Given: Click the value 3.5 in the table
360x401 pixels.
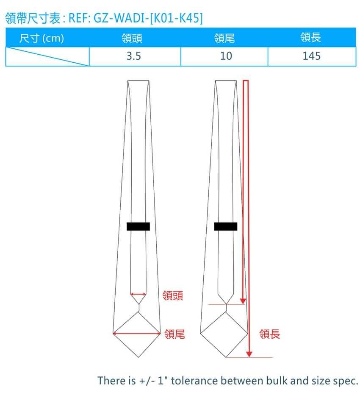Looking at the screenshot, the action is pos(134,56).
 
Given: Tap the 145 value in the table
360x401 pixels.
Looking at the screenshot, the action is pos(311,56).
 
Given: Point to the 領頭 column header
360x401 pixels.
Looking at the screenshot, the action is pos(132,38).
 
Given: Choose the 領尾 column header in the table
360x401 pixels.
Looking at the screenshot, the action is pos(224,38).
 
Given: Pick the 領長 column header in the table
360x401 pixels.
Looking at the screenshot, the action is pos(311,37).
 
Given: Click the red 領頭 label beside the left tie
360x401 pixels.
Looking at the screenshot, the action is pos(173,295).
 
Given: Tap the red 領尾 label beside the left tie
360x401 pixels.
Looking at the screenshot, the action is pos(174,334).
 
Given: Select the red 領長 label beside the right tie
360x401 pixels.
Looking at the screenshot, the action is pos(270,334).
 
